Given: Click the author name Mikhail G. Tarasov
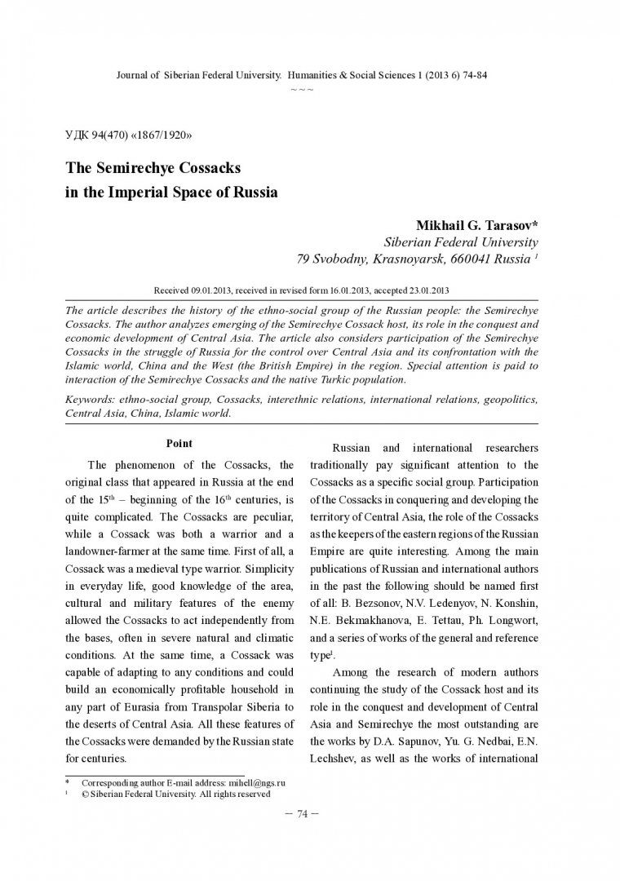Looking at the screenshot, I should tap(463, 224).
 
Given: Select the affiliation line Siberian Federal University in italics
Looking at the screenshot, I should tap(460, 242).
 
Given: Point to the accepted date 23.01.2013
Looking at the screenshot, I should tap(424, 290).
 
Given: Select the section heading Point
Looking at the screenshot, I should tap(179, 444).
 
